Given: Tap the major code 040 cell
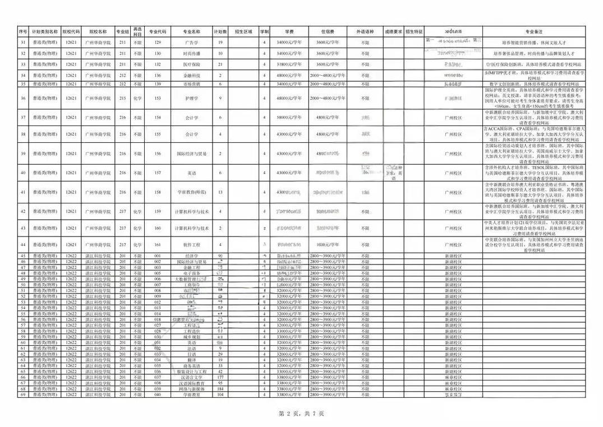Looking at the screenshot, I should [158, 394].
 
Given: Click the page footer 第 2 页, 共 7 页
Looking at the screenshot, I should [301, 413].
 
